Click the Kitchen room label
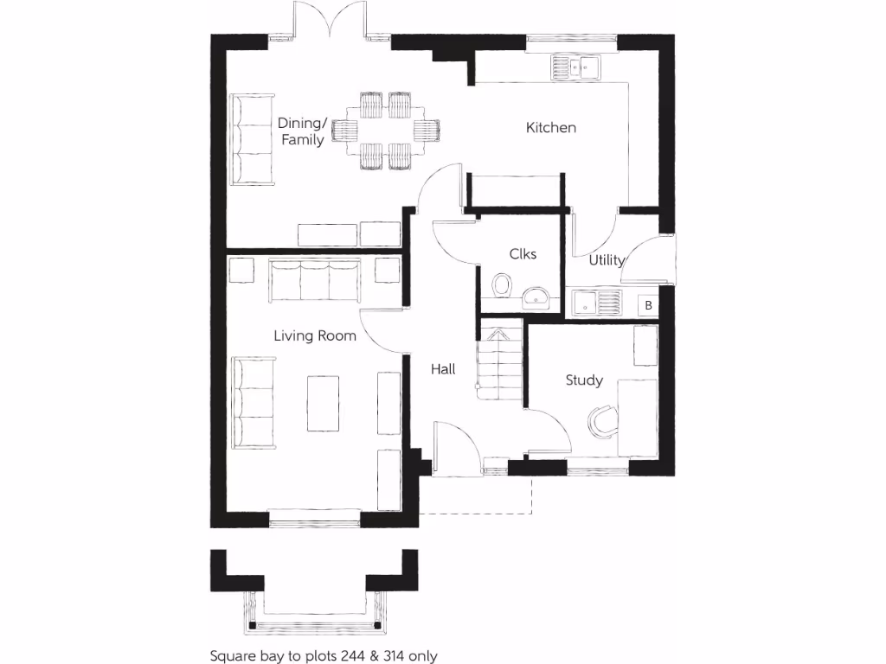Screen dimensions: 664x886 (551, 128)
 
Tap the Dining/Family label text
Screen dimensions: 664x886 (302, 131)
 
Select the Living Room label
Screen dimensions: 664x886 (315, 335)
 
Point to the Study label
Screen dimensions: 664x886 (584, 380)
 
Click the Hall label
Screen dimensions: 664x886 (443, 369)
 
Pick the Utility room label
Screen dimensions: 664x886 (606, 260)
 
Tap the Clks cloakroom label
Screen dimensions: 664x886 (523, 253)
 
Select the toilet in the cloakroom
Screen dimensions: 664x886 (501, 284)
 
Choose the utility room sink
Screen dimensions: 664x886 (597, 303)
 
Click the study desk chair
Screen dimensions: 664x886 (602, 419)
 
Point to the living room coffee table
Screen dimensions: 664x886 (323, 402)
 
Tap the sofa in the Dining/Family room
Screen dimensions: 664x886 (251, 138)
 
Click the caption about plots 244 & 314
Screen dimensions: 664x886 (324, 655)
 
